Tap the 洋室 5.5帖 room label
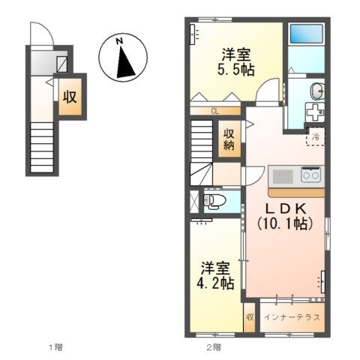(x=235, y=61)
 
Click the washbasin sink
(x=317, y=91)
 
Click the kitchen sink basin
(x=283, y=176)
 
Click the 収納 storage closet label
(x=228, y=139)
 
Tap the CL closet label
(x=214, y=112)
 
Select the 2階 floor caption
(x=214, y=346)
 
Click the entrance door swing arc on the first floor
(x=42, y=34)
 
